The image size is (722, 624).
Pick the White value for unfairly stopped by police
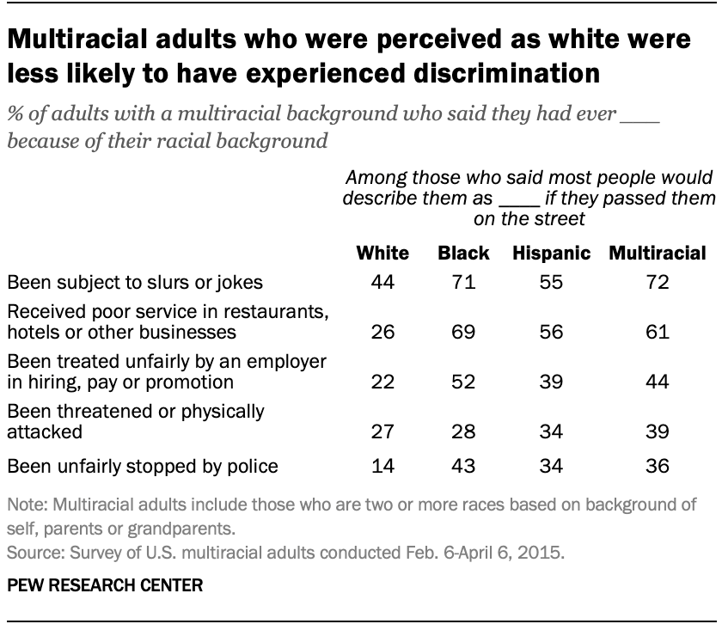(382, 467)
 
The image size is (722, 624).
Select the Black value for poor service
(463, 331)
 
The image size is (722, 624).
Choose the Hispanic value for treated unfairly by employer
(551, 381)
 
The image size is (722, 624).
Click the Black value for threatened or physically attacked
(463, 430)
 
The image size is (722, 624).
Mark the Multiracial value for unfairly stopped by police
(658, 467)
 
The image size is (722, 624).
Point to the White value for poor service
(382, 331)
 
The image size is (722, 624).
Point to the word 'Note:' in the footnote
(25, 505)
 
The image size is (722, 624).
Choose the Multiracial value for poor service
(658, 331)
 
